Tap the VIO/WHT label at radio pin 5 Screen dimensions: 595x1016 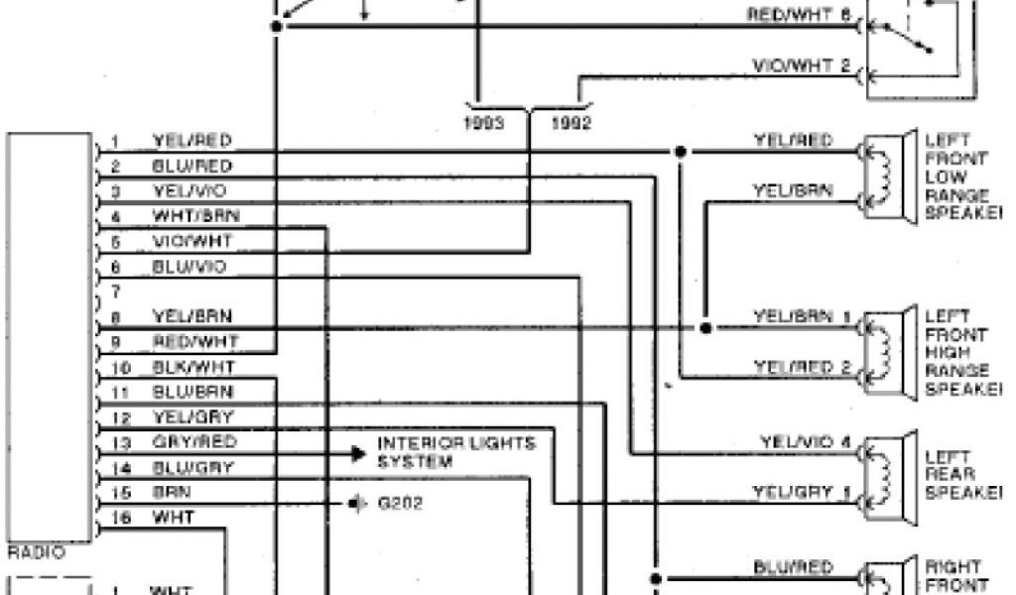tap(193, 241)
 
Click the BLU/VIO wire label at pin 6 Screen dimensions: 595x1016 tap(189, 267)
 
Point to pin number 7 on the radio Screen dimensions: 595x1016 tap(116, 293)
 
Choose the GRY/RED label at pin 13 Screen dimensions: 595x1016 tap(193, 442)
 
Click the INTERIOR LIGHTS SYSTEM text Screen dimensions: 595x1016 tap(455, 451)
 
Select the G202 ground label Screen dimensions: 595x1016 tap(401, 503)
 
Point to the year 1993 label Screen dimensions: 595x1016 tap(487, 124)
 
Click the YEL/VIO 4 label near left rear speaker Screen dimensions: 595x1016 tap(806, 441)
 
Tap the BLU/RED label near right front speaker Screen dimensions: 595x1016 tap(793, 568)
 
